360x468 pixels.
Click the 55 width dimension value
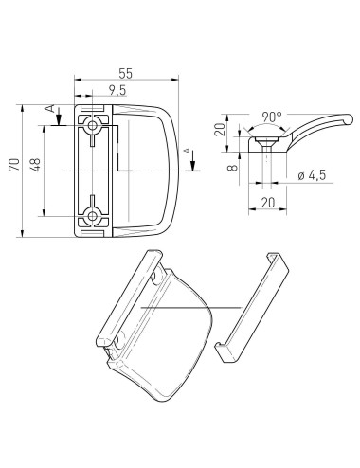pyautogui.click(x=126, y=73)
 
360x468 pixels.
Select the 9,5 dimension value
pyautogui.click(x=117, y=90)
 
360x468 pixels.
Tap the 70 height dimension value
pyautogui.click(x=14, y=165)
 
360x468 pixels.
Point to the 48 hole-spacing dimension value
pyautogui.click(x=36, y=165)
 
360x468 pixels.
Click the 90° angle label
pyautogui.click(x=272, y=117)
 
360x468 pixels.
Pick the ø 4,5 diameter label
pyautogui.click(x=312, y=175)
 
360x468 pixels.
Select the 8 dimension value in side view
pyautogui.click(x=233, y=166)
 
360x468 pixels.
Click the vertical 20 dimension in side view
pyautogui.click(x=220, y=129)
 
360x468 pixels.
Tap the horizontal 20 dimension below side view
pyautogui.click(x=268, y=203)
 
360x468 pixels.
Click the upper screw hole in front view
pyautogui.click(x=93, y=125)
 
